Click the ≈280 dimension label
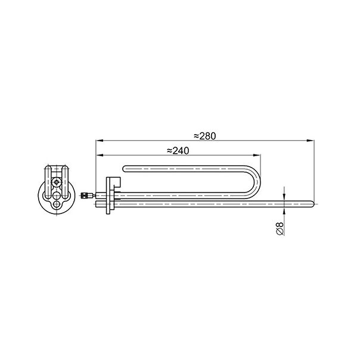(x=205, y=136)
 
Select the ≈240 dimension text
(x=178, y=151)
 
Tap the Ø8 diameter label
(x=280, y=228)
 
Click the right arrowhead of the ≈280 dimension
(x=311, y=141)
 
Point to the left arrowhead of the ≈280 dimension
(x=100, y=141)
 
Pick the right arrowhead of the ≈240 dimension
(x=257, y=155)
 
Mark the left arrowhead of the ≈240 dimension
(x=100, y=155)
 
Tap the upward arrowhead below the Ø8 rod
(x=284, y=211)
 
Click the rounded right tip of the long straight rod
(x=312, y=204)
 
